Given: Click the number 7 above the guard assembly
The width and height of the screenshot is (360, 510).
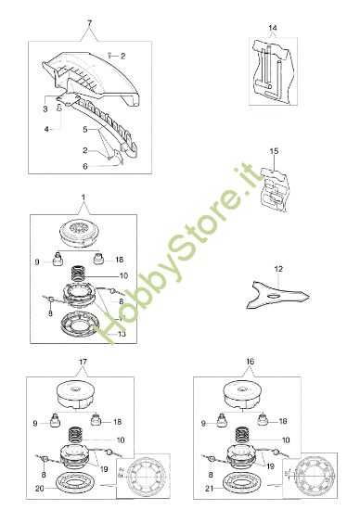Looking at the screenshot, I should [89, 21].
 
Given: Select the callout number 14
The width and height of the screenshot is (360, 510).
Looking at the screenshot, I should [273, 29].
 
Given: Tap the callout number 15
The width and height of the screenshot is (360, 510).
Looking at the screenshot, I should [274, 150].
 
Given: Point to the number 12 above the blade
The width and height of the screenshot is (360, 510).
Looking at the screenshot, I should [277, 268].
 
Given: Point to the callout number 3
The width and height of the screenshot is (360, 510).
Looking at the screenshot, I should [45, 109].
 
